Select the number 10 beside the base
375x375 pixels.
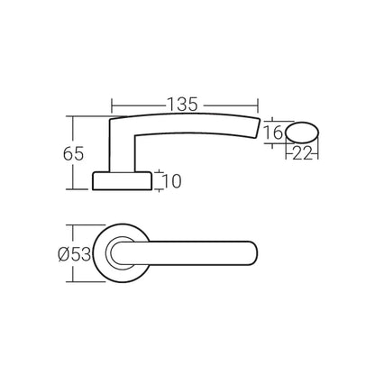[173, 181]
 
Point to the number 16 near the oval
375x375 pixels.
[277, 133]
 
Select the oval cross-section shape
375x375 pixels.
[302, 133]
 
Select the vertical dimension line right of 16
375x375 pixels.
[288, 133]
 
